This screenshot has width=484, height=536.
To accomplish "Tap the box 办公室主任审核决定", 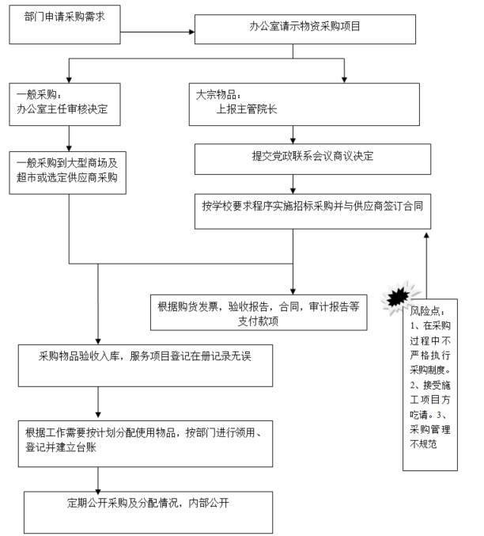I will tap(65, 103).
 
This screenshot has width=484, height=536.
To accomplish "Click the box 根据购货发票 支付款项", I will tap(258, 312).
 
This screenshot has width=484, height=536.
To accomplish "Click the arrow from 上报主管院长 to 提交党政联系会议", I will tap(294, 132).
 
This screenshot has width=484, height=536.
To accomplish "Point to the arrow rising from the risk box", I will tap(427, 261).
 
